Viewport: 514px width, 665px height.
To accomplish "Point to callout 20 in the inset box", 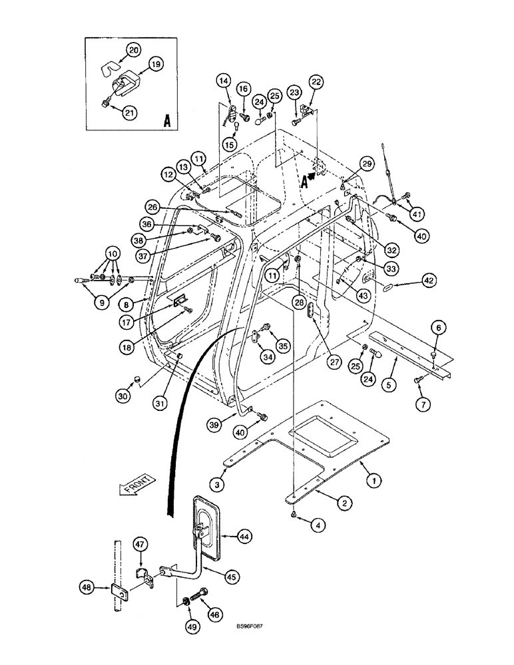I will pos(134,49).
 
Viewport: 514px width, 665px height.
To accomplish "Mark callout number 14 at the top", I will pos(224,81).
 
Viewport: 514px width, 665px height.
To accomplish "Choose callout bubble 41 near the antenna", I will pos(417,213).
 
